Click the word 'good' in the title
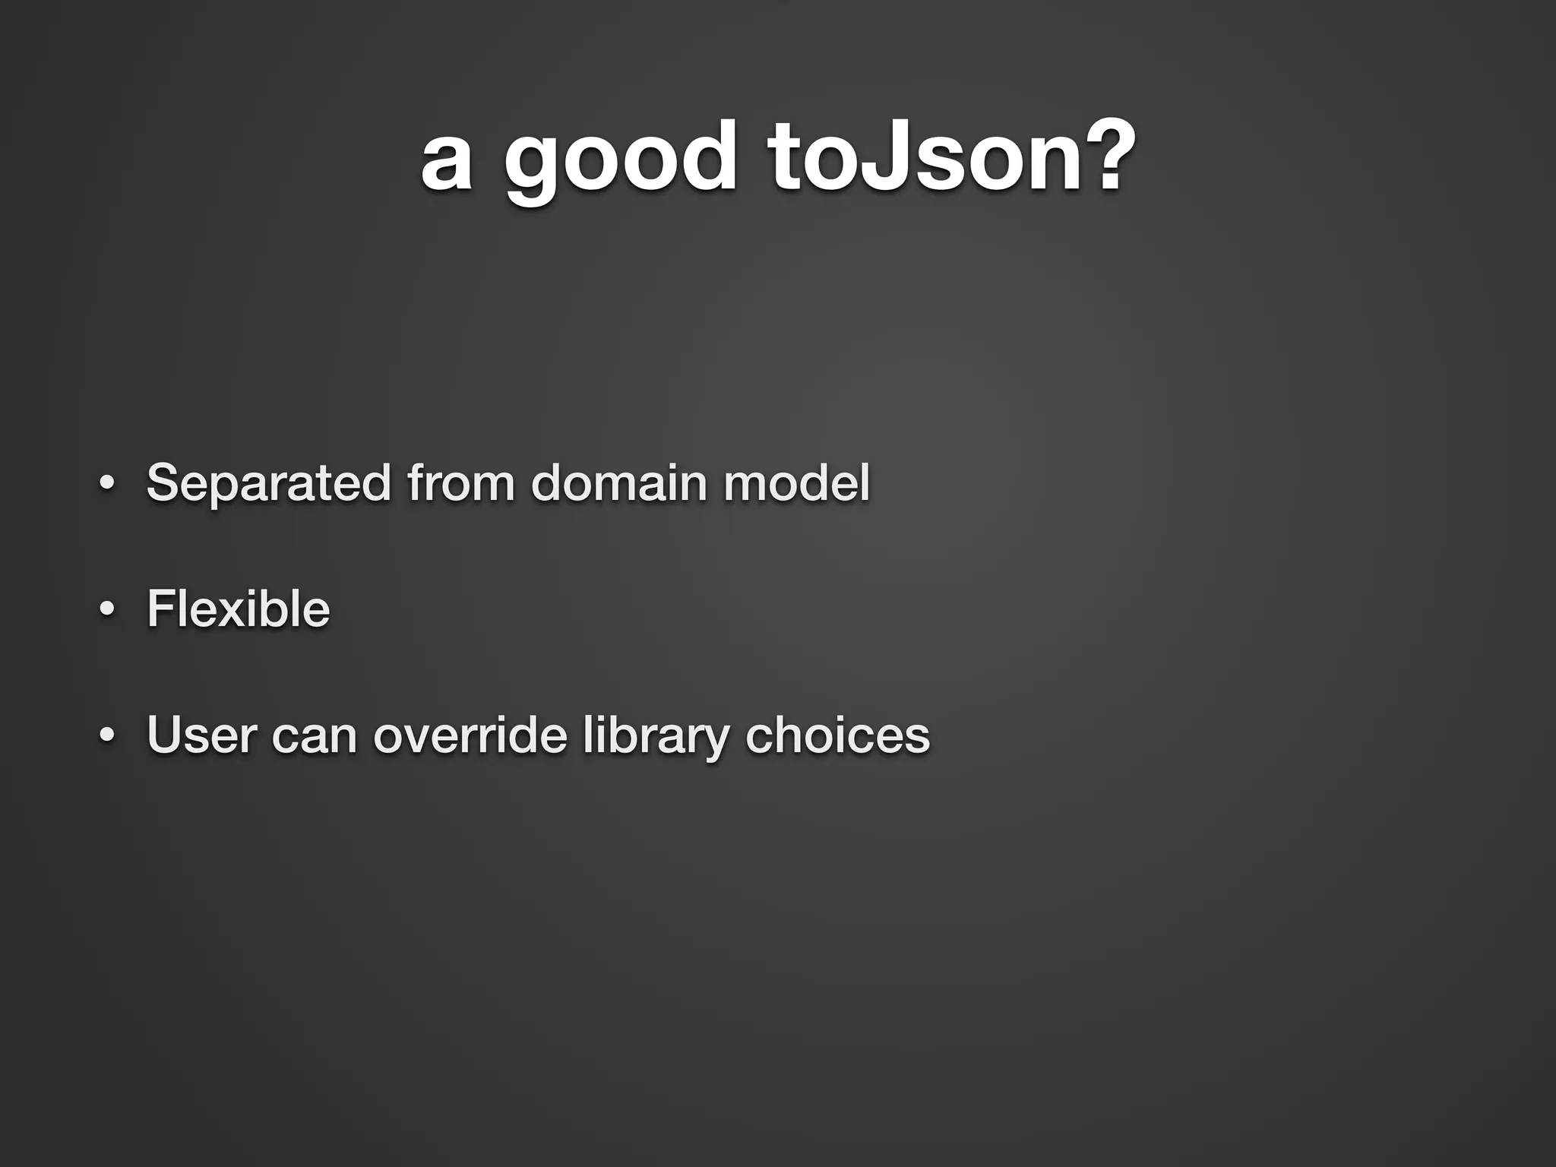tap(619, 161)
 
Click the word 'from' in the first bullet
tap(460, 482)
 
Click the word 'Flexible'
tap(239, 609)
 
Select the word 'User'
tap(202, 735)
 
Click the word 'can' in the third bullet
tap(315, 736)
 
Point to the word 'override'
tap(470, 735)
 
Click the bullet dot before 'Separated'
tap(106, 484)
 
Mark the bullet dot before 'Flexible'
tap(106, 609)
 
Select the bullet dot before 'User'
tap(106, 735)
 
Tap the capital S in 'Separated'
tap(165, 482)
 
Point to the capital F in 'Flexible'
tap(163, 609)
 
